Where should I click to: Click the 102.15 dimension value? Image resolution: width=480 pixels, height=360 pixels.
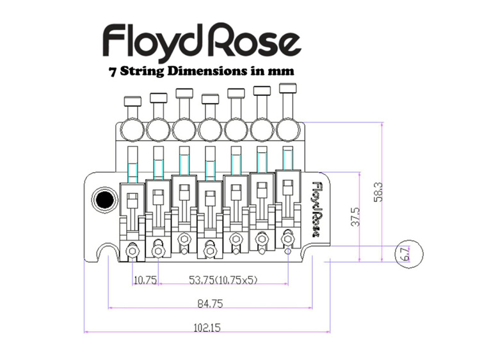pos(206,327)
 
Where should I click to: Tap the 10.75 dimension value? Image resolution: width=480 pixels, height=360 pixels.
pos(145,279)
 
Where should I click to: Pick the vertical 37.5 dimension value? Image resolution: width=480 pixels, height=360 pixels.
pos(355,217)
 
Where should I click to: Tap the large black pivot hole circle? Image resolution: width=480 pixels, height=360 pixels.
pos(102,201)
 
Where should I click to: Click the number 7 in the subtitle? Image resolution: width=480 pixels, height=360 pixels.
pos(114,72)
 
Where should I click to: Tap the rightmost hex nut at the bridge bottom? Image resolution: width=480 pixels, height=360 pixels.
pos(287,239)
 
